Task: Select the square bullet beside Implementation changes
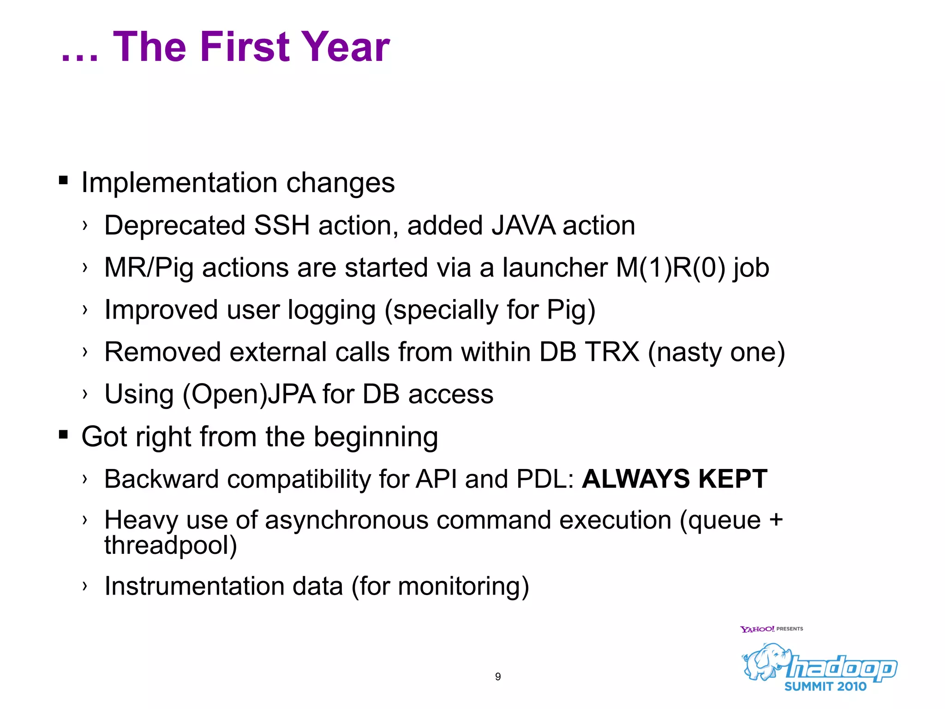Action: [x=64, y=180]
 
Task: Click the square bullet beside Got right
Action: [x=64, y=434]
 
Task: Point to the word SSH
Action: [x=281, y=226]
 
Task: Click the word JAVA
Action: [x=523, y=226]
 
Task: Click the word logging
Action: [x=332, y=310]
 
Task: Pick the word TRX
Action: [x=612, y=352]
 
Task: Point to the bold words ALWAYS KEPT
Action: [x=675, y=479]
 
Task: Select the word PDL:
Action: [x=545, y=479]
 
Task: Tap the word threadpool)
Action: [x=171, y=546]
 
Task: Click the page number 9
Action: [x=498, y=677]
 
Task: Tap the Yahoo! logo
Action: [x=757, y=629]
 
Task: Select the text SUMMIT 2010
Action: [x=825, y=687]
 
